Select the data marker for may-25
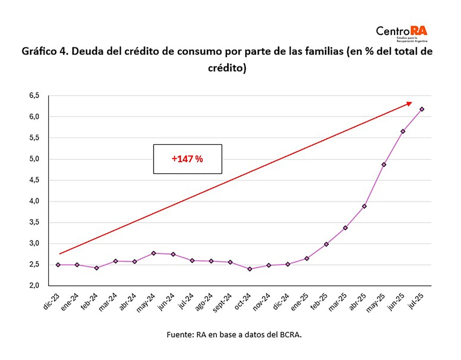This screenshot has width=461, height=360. [384, 165]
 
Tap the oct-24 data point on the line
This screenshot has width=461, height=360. [250, 269]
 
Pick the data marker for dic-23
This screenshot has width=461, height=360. [58, 265]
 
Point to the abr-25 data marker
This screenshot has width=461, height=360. [364, 206]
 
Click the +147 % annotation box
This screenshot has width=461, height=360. [187, 159]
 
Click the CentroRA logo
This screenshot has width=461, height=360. [402, 33]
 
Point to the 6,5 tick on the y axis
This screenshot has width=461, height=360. [35, 96]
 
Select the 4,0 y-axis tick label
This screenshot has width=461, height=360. [35, 201]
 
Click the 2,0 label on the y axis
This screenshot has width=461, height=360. [35, 286]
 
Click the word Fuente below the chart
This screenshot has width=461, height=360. [178, 334]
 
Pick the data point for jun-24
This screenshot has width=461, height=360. [173, 254]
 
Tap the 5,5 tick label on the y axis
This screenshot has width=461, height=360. [35, 138]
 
